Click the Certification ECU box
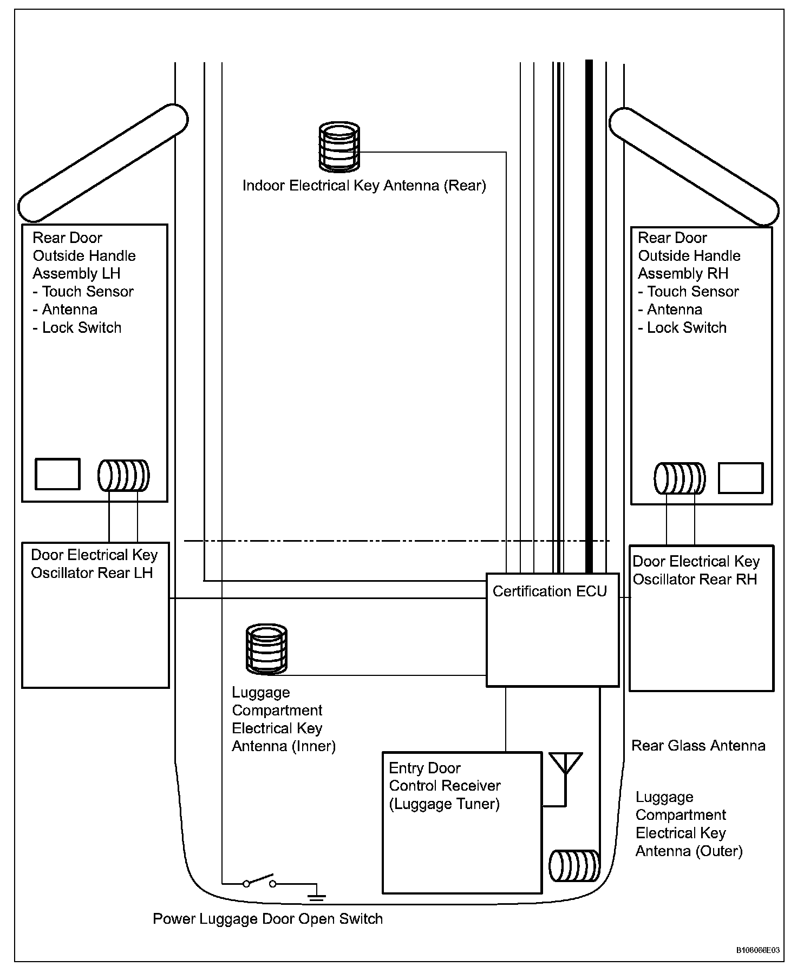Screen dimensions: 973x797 click(x=552, y=630)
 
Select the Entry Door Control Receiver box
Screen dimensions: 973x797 click(x=462, y=823)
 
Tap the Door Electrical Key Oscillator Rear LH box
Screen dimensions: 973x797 click(x=95, y=615)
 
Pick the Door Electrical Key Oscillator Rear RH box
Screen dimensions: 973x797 click(x=701, y=618)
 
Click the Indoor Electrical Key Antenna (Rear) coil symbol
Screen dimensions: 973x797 click(x=339, y=146)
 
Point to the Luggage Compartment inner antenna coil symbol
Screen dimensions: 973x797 click(x=266, y=649)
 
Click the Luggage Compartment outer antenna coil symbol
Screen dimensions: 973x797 click(x=574, y=866)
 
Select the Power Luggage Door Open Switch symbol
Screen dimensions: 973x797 click(x=259, y=880)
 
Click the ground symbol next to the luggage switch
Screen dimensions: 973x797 click(x=317, y=896)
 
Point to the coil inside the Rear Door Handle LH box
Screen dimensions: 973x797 click(x=123, y=475)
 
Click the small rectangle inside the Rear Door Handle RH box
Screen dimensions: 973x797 click(x=740, y=478)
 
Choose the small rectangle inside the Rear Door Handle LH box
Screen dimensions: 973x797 click(x=57, y=474)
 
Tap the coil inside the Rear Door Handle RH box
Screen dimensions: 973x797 click(x=680, y=478)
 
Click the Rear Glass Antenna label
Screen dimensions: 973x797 click(x=698, y=746)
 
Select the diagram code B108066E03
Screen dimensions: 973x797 click(x=757, y=950)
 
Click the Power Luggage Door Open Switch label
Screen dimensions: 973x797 click(x=267, y=919)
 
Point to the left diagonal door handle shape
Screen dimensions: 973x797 click(x=103, y=163)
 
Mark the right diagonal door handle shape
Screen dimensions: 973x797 click(x=694, y=166)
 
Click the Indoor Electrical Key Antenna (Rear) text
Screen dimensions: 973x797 click(x=364, y=186)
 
